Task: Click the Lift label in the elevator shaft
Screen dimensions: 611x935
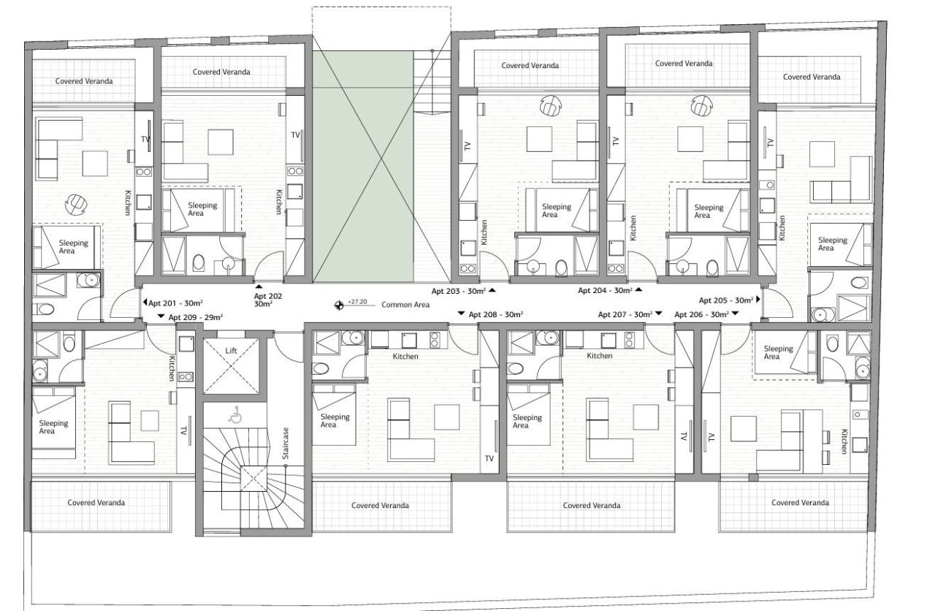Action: [231, 352]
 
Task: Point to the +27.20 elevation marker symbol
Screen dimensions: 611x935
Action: [338, 305]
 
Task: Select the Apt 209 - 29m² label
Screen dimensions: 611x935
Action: [195, 317]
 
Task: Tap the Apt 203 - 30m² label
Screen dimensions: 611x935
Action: [459, 291]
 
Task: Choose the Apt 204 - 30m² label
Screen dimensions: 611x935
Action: [605, 290]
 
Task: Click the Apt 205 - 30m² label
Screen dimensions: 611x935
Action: [726, 300]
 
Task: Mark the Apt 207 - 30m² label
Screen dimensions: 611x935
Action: [625, 314]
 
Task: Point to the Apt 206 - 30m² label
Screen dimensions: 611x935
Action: [701, 314]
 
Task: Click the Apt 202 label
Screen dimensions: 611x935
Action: [267, 300]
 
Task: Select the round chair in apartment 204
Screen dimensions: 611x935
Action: [701, 106]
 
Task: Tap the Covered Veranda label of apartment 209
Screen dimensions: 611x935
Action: [96, 503]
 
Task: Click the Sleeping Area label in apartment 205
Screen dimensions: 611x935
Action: [832, 244]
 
